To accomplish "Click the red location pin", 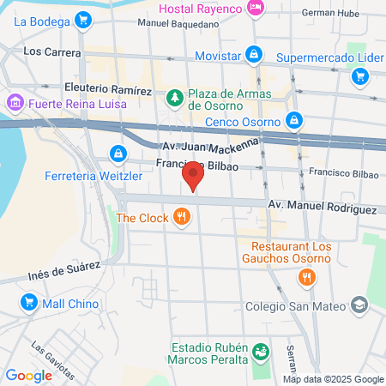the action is pos(194,178).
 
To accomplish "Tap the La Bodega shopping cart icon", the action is pos(82,19).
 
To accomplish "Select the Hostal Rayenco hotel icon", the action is pos(255,8).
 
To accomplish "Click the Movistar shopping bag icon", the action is pos(254,55).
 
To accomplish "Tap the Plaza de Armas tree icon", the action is pos(174,97).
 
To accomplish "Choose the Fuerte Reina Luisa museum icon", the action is pos(15,104).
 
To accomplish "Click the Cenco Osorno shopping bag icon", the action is pos(294,120).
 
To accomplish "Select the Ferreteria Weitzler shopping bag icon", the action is pos(116,154).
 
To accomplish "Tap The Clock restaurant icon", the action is pos(180,218).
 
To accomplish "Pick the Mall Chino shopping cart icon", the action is pos(28,302).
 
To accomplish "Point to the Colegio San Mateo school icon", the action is pos(359,306).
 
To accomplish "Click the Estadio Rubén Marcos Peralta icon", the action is pos(261,351).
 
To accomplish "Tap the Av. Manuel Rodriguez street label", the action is pos(322,208).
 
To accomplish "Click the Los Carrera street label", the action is pos(51,51).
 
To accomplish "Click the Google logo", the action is pos(28,375).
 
